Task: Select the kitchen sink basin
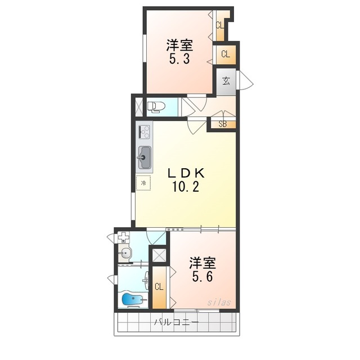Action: pyautogui.click(x=144, y=157)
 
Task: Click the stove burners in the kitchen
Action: pyautogui.click(x=144, y=133)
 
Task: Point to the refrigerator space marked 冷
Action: pyautogui.click(x=143, y=183)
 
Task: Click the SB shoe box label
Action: pyautogui.click(x=223, y=124)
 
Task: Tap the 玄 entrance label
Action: pyautogui.click(x=226, y=81)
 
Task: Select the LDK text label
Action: pyautogui.click(x=186, y=173)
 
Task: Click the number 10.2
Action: pyautogui.click(x=186, y=187)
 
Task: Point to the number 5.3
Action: pyautogui.click(x=179, y=60)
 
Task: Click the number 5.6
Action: pyautogui.click(x=202, y=277)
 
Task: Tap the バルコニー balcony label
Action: pyautogui.click(x=176, y=322)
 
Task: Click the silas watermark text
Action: pyautogui.click(x=219, y=303)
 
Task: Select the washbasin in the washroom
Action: pyautogui.click(x=124, y=254)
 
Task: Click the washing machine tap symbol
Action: pyautogui.click(x=124, y=237)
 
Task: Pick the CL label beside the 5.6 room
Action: pyautogui.click(x=159, y=286)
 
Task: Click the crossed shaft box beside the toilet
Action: pyautogui.click(x=139, y=106)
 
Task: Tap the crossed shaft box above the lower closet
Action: pyautogui.click(x=159, y=255)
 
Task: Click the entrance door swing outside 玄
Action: pyautogui.click(x=246, y=80)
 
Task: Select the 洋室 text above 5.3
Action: pyautogui.click(x=179, y=45)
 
